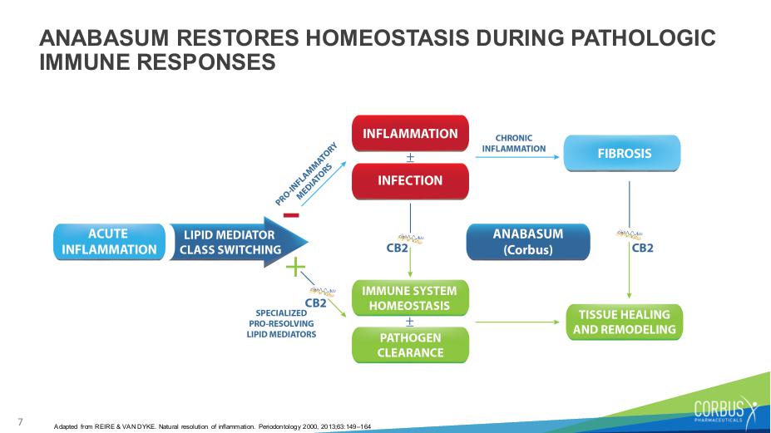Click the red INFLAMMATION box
(x=410, y=133)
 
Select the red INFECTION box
(x=410, y=181)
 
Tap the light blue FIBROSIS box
(x=622, y=154)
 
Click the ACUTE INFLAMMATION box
(x=109, y=242)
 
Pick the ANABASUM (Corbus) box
(x=527, y=242)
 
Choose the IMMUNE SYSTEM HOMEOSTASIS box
(x=410, y=298)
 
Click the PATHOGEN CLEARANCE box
(x=410, y=345)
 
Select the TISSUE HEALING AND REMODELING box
(x=625, y=322)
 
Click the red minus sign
(x=291, y=214)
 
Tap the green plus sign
(x=295, y=268)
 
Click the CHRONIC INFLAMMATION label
(x=514, y=144)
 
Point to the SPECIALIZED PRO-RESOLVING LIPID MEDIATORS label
(x=281, y=323)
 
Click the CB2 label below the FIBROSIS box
(x=643, y=248)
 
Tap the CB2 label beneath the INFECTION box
(x=398, y=248)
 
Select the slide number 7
(x=20, y=421)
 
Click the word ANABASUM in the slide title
(x=104, y=38)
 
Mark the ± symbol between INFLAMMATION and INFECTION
(x=410, y=158)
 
